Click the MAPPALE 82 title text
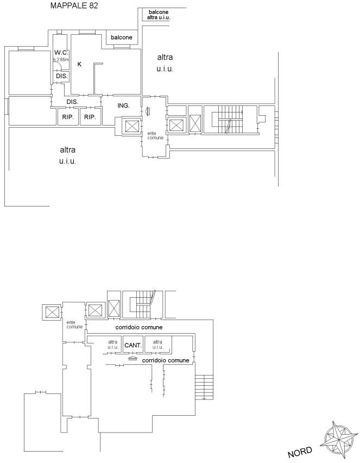[74, 5]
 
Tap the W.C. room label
[61, 53]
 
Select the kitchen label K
[79, 64]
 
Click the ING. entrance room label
[124, 105]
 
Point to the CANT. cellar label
[134, 345]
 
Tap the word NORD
[300, 452]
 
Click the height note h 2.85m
[61, 60]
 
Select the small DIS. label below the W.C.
[62, 76]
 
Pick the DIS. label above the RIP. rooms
[72, 102]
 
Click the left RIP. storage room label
[68, 117]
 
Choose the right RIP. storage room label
[90, 117]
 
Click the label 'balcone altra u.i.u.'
[159, 15]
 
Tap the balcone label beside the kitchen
[122, 37]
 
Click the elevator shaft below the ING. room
[131, 127]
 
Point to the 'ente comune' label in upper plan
[155, 136]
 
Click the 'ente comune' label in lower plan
[74, 324]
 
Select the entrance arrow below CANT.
[133, 358]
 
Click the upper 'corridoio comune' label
[139, 327]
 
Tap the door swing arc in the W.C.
[59, 67]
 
